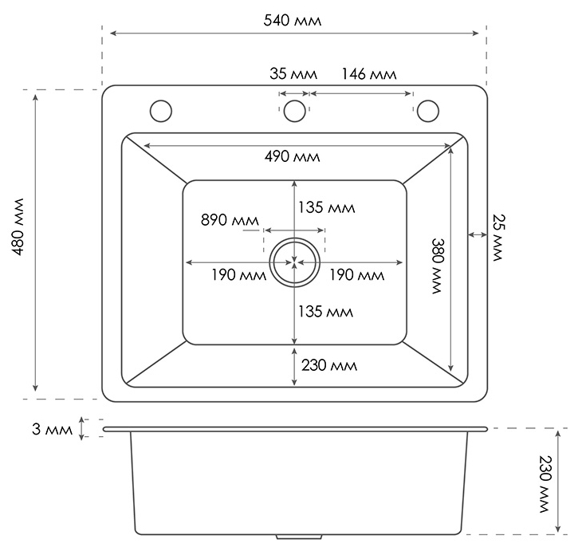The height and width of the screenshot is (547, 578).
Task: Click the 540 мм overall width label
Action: (x=293, y=20)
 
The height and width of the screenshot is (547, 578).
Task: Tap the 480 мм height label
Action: (x=18, y=226)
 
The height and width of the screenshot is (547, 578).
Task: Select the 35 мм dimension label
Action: (x=293, y=73)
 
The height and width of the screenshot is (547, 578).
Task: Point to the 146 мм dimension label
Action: (x=369, y=73)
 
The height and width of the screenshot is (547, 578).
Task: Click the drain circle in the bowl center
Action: (x=294, y=238)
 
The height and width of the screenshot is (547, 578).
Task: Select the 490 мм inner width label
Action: (x=292, y=157)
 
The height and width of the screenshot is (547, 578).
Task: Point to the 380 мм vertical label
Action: (x=438, y=266)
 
